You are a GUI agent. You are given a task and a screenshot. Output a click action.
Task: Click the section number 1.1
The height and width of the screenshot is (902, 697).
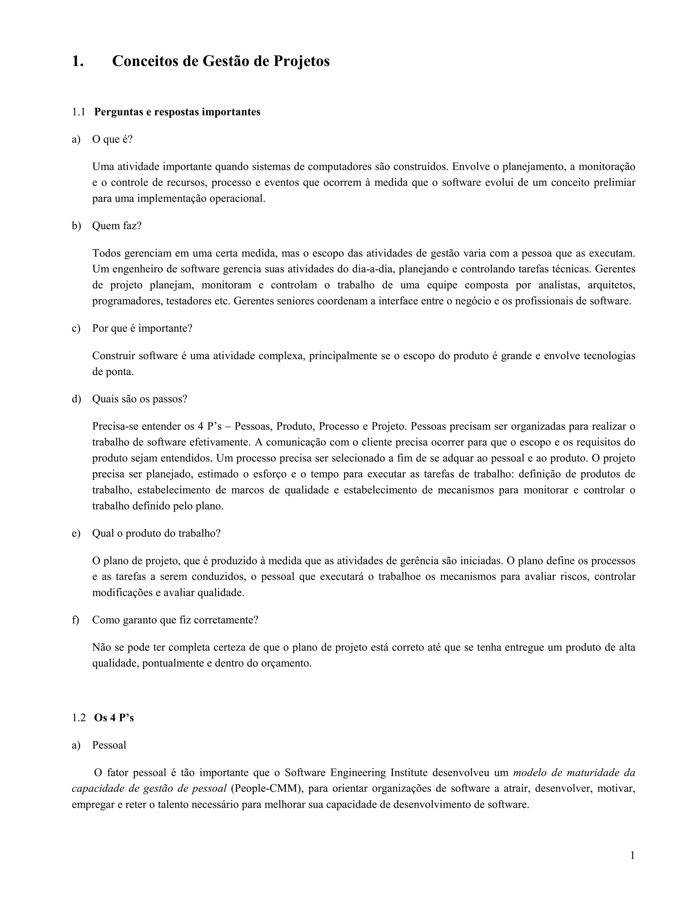(x=79, y=112)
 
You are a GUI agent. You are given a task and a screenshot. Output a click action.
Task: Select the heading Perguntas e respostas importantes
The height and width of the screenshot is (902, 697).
(x=177, y=112)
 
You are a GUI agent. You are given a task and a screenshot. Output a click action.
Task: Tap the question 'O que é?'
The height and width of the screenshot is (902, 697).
(x=112, y=139)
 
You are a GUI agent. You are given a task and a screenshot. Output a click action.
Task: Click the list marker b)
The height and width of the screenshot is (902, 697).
(x=76, y=226)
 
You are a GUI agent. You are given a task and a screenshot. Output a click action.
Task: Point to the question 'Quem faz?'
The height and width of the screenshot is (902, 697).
(x=117, y=226)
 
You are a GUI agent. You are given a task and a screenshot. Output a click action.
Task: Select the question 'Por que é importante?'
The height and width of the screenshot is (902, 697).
(x=142, y=328)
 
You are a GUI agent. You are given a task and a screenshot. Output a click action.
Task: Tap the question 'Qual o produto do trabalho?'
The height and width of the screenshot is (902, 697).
(x=156, y=533)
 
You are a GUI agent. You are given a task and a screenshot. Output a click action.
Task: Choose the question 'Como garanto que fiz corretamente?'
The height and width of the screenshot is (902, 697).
(x=175, y=620)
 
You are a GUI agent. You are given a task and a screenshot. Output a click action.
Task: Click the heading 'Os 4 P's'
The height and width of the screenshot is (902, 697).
(x=114, y=718)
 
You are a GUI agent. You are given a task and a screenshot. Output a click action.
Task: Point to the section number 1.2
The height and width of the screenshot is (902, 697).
(x=79, y=718)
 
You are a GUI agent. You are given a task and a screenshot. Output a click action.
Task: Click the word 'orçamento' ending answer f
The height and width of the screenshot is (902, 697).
(x=288, y=663)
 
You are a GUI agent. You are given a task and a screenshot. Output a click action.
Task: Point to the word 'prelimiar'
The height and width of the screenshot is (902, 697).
(x=614, y=182)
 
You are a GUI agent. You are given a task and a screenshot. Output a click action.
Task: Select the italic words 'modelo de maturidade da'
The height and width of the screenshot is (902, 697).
(x=574, y=772)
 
